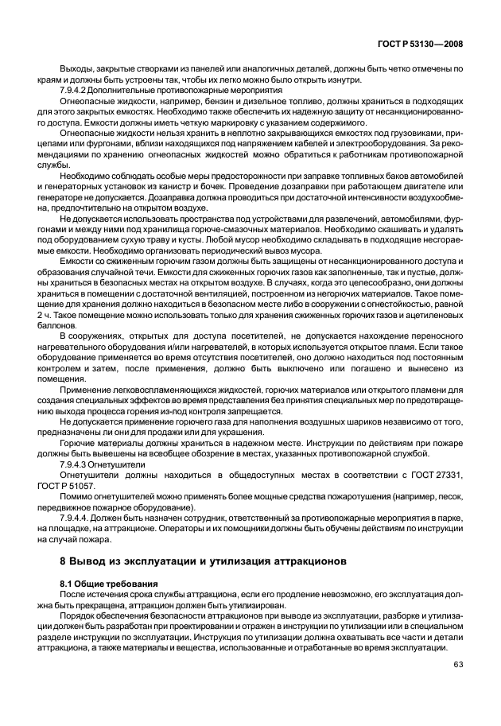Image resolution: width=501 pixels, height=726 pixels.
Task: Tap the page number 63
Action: pyautogui.click(x=457, y=665)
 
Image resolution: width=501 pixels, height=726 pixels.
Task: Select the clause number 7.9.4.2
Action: pyautogui.click(x=77, y=93)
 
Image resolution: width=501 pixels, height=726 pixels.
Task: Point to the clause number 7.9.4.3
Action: pyautogui.click(x=77, y=461)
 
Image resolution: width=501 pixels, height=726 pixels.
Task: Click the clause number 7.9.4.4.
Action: pyautogui.click(x=78, y=514)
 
